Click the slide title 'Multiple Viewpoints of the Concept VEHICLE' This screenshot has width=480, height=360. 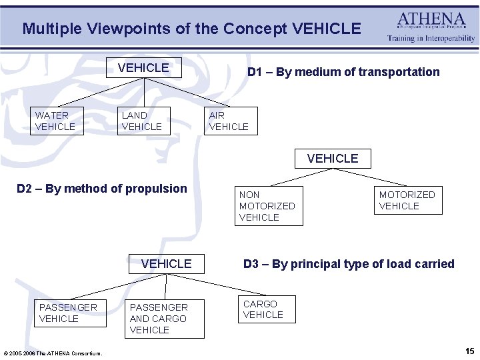[191, 29]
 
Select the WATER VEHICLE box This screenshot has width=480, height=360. [57, 121]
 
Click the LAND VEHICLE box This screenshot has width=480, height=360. [143, 121]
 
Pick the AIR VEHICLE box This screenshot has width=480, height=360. [231, 121]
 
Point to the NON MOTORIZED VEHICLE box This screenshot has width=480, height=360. [268, 206]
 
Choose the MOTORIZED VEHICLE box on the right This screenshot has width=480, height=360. [407, 200]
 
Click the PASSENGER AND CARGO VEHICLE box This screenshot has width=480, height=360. [165, 319]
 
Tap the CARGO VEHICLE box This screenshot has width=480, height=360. [266, 309]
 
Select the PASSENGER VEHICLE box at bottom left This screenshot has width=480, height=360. [70, 313]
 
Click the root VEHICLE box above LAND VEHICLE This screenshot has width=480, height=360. [143, 68]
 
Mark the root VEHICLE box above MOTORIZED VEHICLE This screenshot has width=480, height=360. [333, 158]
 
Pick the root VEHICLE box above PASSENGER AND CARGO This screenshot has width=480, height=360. [166, 264]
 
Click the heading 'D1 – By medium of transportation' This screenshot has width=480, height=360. [343, 72]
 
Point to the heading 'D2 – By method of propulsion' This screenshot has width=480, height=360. [102, 189]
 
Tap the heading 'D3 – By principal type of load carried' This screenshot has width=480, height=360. [349, 264]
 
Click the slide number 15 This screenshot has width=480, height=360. [470, 351]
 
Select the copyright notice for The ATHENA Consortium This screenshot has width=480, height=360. [53, 353]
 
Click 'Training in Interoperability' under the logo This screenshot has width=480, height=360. [431, 38]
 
